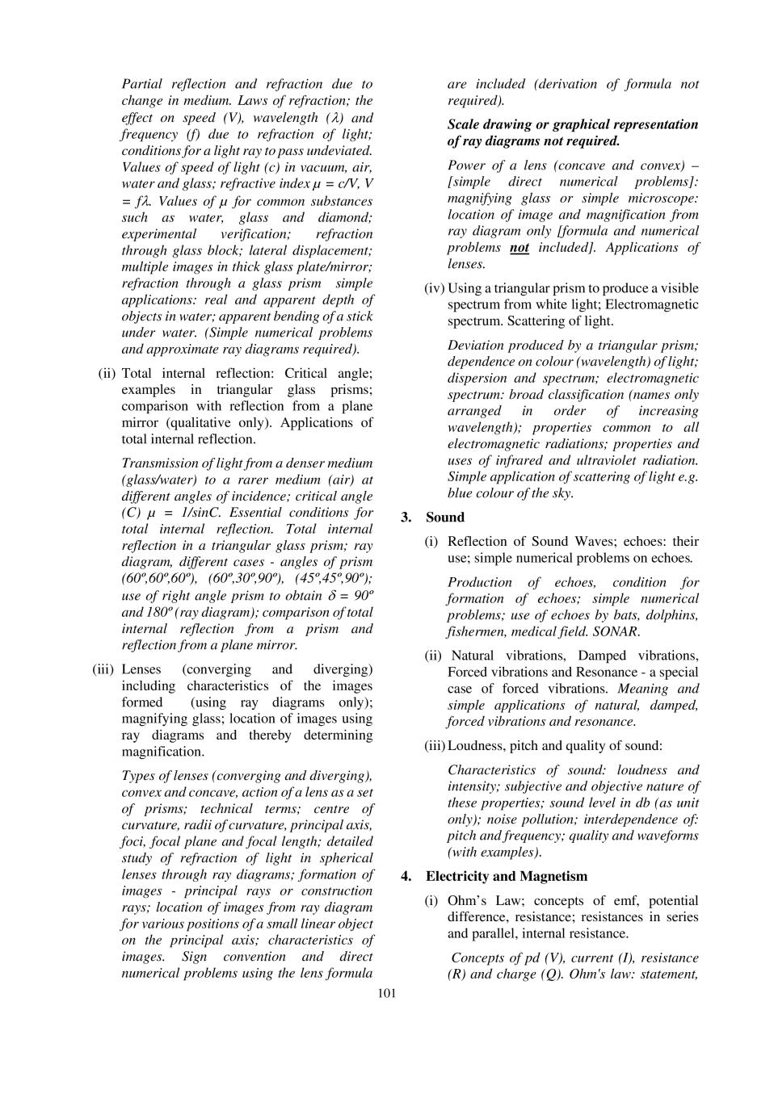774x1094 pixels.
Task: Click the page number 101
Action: (387, 993)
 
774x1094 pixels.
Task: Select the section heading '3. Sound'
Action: (433, 518)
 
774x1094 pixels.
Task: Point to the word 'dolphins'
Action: (673, 615)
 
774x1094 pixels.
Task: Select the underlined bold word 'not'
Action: (520, 248)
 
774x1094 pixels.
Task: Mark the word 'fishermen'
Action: (477, 631)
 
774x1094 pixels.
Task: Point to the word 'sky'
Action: (562, 493)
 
